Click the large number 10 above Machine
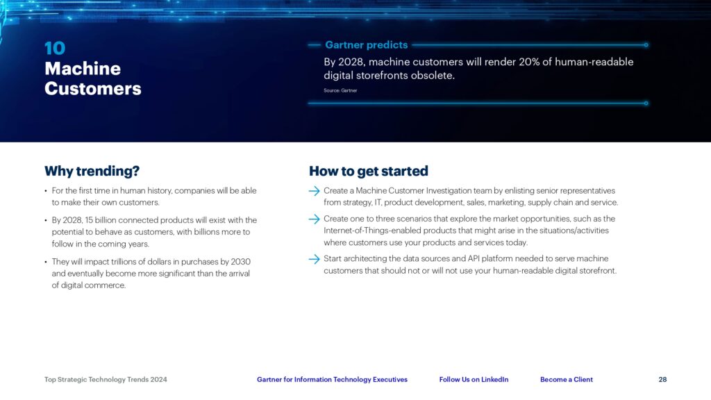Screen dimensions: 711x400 coord(55,48)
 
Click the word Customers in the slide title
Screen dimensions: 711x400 coord(93,88)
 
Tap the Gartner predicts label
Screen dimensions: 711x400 coord(367,45)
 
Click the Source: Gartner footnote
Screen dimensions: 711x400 coord(340,91)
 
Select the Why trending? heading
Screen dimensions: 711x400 coord(92,171)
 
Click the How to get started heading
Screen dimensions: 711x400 coord(369,171)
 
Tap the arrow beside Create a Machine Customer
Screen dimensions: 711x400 coord(315,191)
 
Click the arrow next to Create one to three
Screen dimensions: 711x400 coord(315,219)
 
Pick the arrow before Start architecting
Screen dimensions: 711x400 coord(315,259)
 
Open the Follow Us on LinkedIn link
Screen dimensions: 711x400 coord(474,380)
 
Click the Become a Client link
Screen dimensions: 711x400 coord(567,380)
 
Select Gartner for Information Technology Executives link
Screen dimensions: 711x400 coord(333,380)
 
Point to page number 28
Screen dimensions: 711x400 coord(662,380)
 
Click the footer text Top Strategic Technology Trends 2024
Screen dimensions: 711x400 coord(106,380)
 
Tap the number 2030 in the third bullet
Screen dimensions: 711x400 coord(240,262)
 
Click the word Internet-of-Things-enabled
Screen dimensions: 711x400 coord(372,231)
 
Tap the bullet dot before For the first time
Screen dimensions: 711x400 coord(46,192)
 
